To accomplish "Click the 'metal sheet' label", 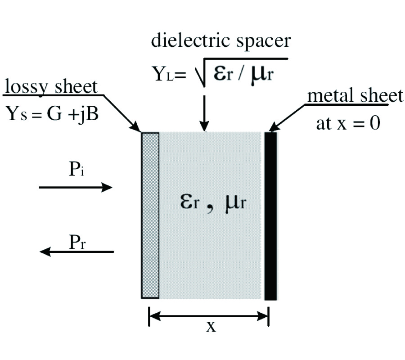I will tap(355, 95).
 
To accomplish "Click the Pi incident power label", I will tap(75, 172).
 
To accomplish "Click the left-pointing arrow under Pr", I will tap(76, 252).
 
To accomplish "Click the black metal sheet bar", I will tap(270, 216).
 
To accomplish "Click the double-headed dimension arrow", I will tap(209, 316).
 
